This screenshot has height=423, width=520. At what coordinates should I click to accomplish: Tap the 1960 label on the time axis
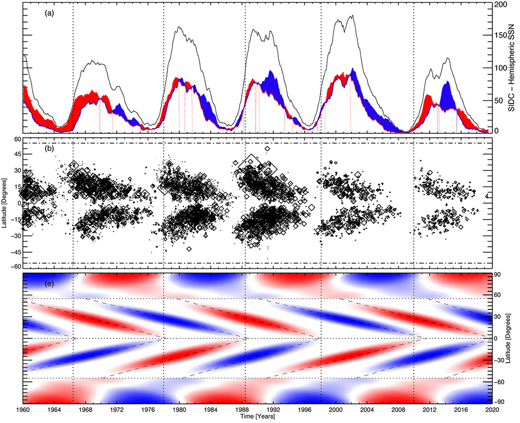[23, 409]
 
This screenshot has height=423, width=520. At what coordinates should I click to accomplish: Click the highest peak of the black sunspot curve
[352, 16]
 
